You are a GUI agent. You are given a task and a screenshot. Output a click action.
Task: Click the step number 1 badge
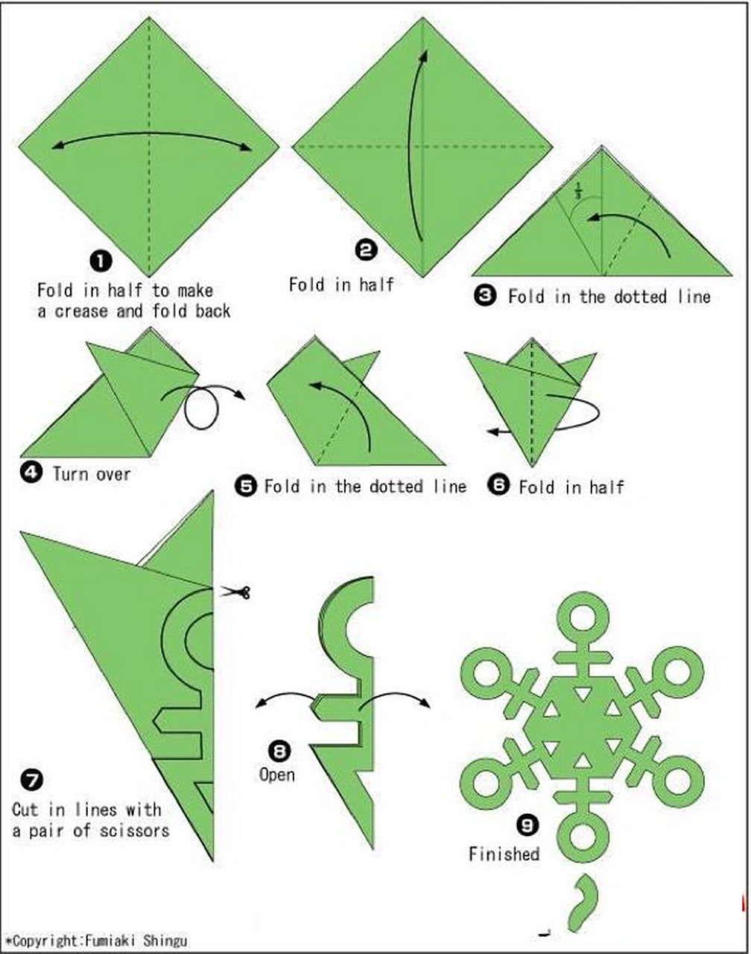101,261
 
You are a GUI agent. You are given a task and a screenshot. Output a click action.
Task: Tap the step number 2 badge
367,250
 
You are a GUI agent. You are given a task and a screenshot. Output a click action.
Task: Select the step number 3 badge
486,296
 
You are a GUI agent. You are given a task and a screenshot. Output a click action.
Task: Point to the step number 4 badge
31,473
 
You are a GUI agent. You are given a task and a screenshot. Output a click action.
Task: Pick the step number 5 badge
246,486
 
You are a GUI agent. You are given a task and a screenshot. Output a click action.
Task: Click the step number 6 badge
498,485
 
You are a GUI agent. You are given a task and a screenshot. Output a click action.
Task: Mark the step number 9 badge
527,825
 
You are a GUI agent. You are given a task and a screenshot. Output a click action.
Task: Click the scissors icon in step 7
235,591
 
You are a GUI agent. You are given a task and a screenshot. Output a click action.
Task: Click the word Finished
504,854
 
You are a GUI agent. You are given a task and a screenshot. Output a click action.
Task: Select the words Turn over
92,474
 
